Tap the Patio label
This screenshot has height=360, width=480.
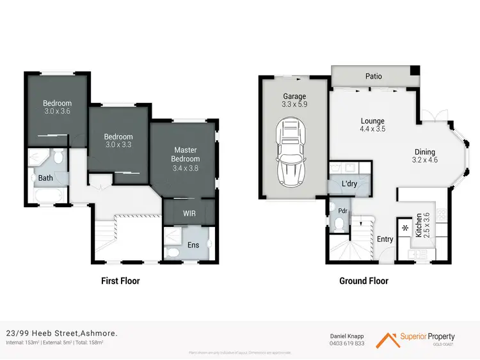pos(373,76)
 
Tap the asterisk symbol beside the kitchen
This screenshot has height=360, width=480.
pos(404,228)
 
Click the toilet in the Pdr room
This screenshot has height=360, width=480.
pos(339,223)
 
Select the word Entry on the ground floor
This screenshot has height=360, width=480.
pos(385,240)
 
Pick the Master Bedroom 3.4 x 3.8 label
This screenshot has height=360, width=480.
pos(186,159)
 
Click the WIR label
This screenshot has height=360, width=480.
pos(189,212)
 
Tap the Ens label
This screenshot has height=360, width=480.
pos(193,244)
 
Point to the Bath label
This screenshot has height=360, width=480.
pos(45,178)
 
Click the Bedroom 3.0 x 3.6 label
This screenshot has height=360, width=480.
pos(58,107)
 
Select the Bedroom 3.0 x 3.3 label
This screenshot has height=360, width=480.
pos(118,141)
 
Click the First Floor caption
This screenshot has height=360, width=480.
pos(120,281)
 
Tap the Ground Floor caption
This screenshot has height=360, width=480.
pos(364,281)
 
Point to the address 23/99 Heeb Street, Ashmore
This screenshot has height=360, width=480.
pos(61,333)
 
